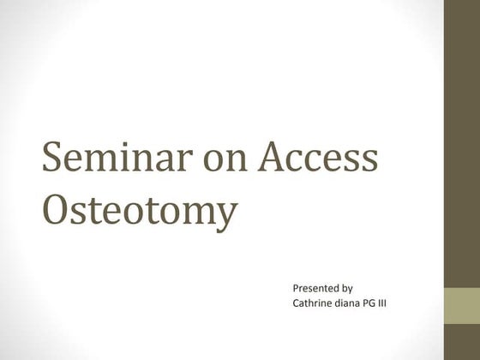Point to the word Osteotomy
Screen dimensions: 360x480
point(139,211)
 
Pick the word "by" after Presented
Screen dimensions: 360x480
point(347,289)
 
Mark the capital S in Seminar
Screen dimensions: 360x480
point(53,159)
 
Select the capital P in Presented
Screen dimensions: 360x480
point(297,289)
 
